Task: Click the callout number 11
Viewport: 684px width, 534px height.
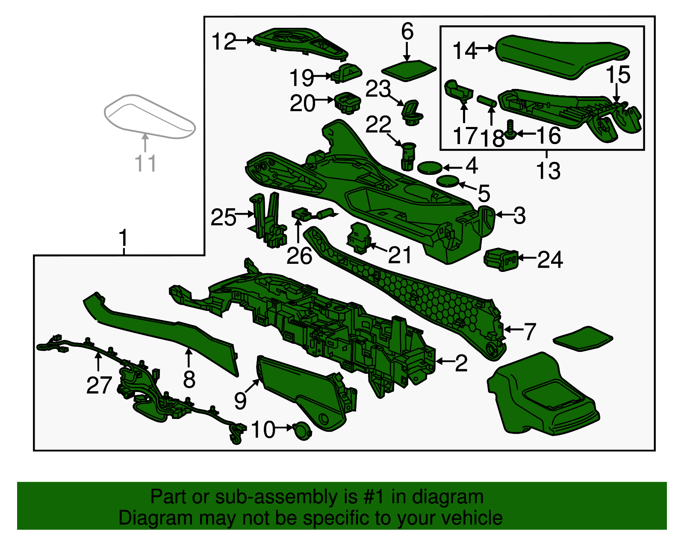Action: click(x=145, y=163)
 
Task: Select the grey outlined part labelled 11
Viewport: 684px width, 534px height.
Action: click(x=150, y=116)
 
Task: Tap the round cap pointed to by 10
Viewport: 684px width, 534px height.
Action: click(x=302, y=431)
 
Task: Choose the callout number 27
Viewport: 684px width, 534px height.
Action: click(x=99, y=385)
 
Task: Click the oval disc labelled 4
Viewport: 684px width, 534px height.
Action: click(x=430, y=168)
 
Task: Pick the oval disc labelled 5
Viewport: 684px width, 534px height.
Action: click(x=447, y=181)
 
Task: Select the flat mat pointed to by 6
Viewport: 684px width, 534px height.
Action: click(x=409, y=70)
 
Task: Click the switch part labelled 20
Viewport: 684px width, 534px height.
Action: click(x=347, y=103)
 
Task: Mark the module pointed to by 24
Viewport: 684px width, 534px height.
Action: click(x=501, y=259)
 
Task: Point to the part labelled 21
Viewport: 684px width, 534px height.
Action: click(x=359, y=237)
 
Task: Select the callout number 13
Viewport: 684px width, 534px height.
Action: click(x=548, y=171)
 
